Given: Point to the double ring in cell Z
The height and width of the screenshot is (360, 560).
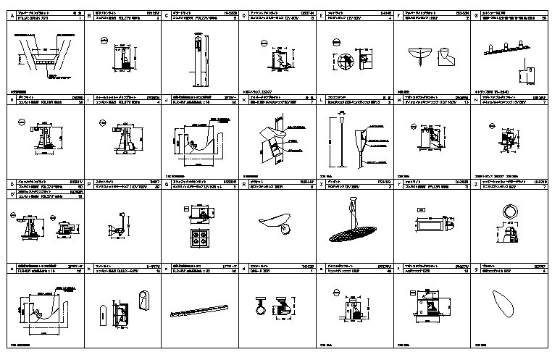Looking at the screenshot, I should [508, 211].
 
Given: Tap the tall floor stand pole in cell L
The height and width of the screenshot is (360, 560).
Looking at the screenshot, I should [340, 145].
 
